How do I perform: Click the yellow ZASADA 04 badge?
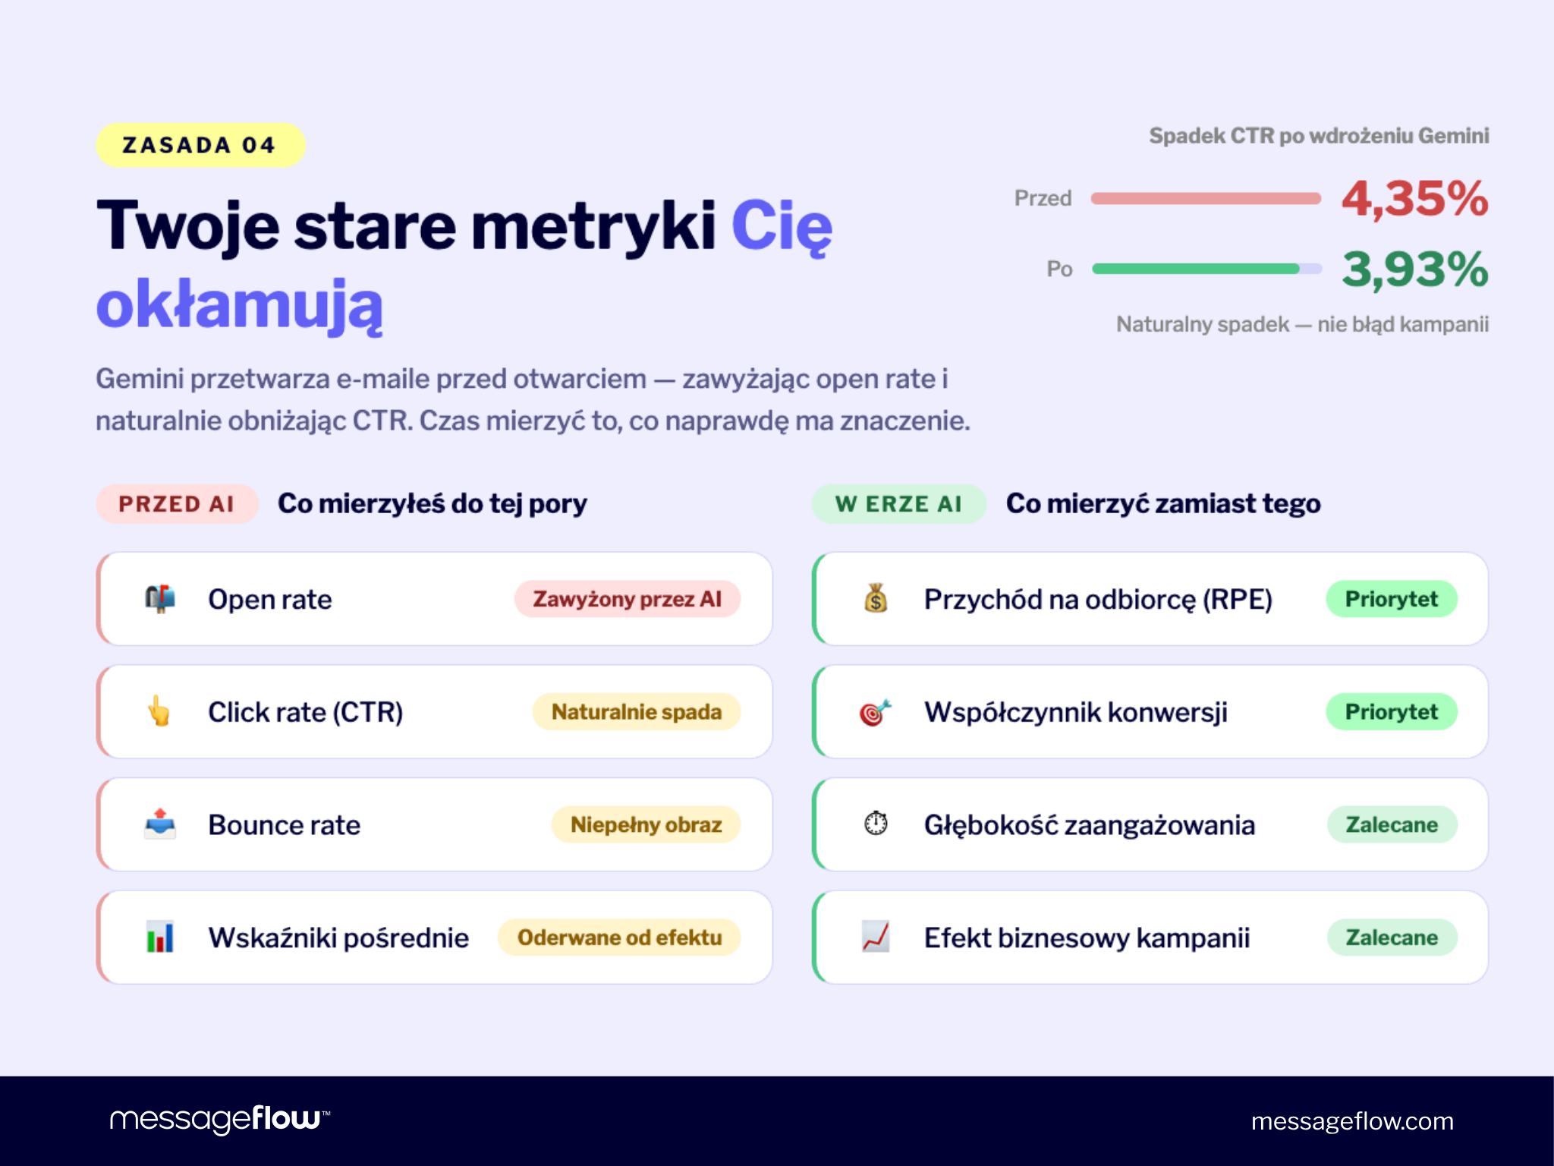(200, 145)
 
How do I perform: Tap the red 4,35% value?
(1414, 199)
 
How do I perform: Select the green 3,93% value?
(1414, 269)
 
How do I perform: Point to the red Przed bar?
(1205, 199)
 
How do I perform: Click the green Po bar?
(1196, 269)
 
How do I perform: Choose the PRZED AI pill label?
(177, 504)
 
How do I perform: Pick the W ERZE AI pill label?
(898, 504)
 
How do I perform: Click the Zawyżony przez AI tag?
(627, 599)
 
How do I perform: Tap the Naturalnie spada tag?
(636, 712)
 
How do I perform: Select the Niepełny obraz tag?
(646, 824)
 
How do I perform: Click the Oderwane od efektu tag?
(619, 938)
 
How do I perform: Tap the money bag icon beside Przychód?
(876, 598)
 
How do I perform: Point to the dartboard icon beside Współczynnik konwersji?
(875, 712)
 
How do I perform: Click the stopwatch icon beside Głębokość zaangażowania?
(876, 824)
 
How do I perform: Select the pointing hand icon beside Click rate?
(159, 711)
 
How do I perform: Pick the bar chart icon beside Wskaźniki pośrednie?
(160, 937)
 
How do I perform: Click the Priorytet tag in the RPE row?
(1391, 599)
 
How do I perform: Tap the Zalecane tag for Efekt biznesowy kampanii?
(1391, 938)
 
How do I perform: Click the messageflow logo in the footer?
(219, 1119)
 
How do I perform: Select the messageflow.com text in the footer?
(1352, 1121)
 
